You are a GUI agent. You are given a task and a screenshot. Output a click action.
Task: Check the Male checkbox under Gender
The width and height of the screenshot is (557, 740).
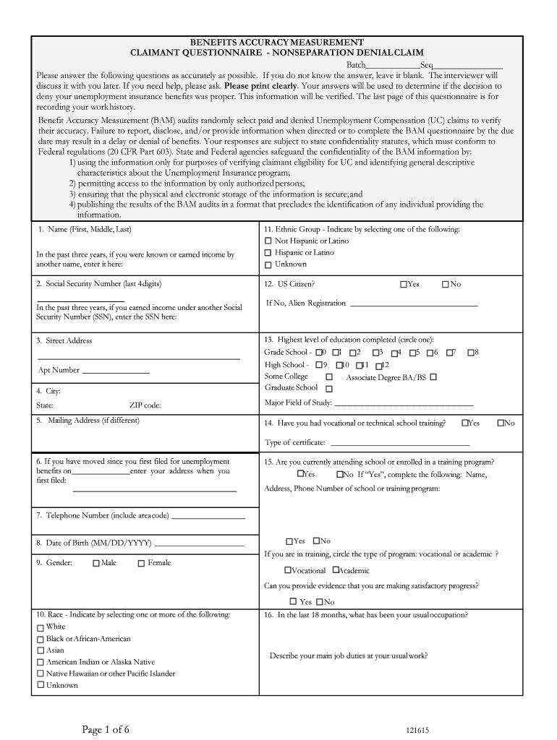96,564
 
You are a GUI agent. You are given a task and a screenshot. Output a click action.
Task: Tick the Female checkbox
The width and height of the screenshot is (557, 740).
141,564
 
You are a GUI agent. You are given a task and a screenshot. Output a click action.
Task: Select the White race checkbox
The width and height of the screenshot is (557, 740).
41,627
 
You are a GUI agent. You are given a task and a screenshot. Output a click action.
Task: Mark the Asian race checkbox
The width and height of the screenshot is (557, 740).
41,650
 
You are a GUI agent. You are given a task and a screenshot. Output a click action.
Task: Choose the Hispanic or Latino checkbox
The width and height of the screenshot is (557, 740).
268,253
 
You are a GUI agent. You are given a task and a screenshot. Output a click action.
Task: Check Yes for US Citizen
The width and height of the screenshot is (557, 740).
403,285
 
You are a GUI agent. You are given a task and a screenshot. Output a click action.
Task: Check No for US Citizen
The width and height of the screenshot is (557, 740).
446,285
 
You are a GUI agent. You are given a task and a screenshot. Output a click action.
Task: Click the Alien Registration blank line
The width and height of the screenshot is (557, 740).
414,305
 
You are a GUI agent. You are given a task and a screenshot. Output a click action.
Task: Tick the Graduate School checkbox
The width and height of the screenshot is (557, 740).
329,389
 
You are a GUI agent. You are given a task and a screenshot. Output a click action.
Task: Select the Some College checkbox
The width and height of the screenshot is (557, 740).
329,377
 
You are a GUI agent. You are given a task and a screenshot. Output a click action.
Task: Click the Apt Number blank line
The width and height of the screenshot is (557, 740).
116,371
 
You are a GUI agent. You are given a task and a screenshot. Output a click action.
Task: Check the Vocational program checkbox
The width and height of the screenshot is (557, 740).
287,570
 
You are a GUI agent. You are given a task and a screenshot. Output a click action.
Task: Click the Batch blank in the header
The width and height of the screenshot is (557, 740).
388,66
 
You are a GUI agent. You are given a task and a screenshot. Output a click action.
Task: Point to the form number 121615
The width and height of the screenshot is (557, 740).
417,731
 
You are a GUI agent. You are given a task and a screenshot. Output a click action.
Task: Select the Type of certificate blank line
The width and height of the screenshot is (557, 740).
399,444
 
